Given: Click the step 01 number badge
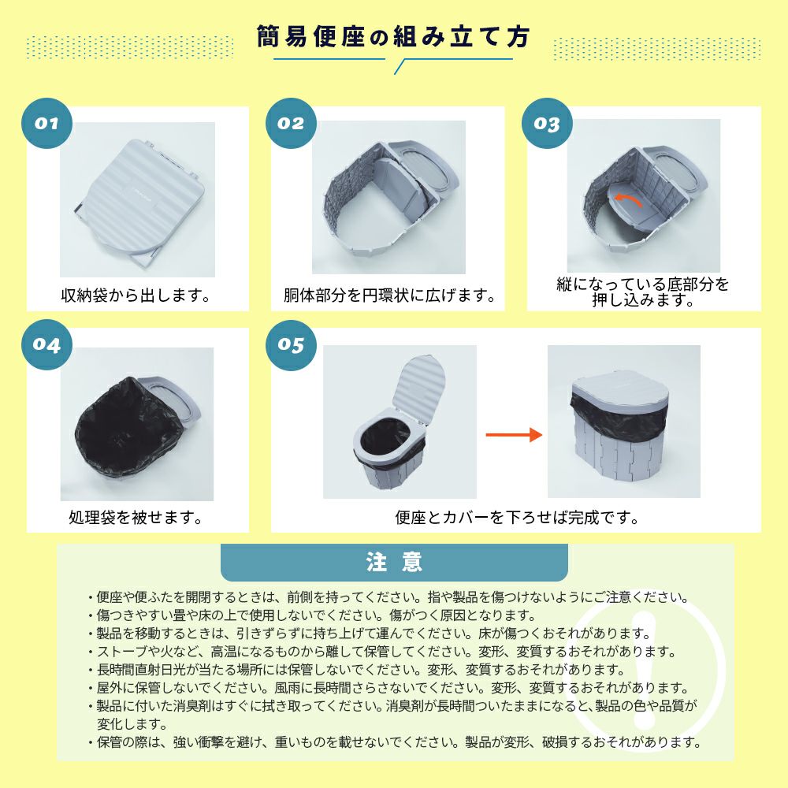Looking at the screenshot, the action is pyautogui.click(x=46, y=123).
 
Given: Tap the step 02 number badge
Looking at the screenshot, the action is pyautogui.click(x=291, y=123).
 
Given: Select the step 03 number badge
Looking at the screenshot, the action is pyautogui.click(x=547, y=123).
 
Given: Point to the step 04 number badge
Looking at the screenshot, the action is pyautogui.click(x=46, y=345).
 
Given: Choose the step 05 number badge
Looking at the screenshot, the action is pyautogui.click(x=291, y=345).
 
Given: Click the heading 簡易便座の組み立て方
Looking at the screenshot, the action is pyautogui.click(x=393, y=36).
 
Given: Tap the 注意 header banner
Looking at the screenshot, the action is pyautogui.click(x=394, y=563).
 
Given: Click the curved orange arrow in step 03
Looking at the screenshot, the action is pyautogui.click(x=628, y=199).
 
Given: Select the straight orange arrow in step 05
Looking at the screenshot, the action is pyautogui.click(x=514, y=435).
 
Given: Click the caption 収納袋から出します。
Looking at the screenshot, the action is pyautogui.click(x=136, y=295).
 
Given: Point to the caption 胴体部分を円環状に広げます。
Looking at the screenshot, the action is pyautogui.click(x=389, y=295).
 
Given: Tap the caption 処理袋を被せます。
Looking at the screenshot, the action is pyautogui.click(x=136, y=517).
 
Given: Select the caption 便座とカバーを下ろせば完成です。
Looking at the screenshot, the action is pyautogui.click(x=517, y=517).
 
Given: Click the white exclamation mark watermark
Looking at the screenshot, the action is pyautogui.click(x=645, y=669).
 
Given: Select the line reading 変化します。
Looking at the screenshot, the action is pyautogui.click(x=132, y=724).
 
